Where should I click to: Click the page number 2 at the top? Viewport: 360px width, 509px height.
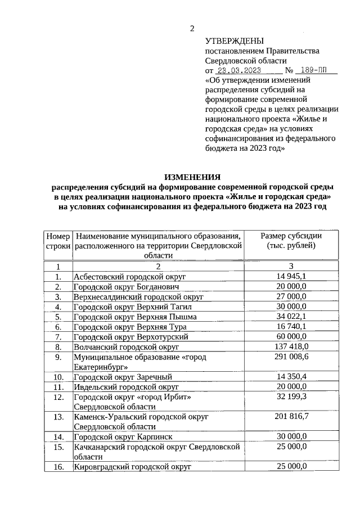click(x=191, y=29)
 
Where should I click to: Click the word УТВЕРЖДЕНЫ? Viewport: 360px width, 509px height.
click(x=234, y=41)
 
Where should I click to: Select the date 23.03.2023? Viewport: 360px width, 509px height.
click(x=238, y=71)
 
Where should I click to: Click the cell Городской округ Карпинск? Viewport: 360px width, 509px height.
click(x=123, y=436)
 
